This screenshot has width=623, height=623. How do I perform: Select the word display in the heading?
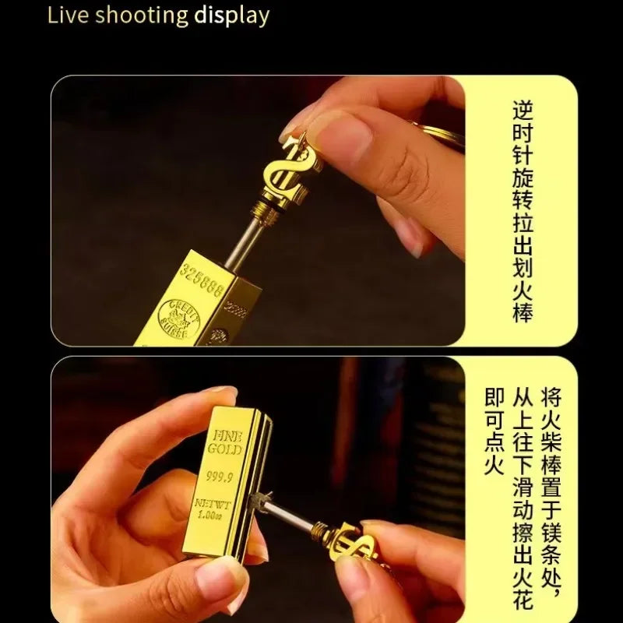232,16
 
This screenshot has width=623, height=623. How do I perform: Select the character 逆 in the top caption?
523,109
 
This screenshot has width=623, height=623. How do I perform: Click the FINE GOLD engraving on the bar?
224,442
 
